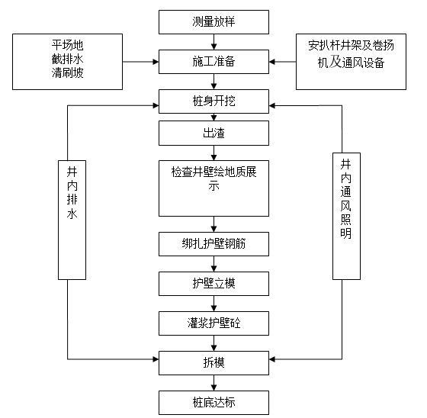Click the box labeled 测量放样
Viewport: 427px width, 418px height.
coord(213,21)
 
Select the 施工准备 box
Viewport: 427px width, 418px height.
coord(213,59)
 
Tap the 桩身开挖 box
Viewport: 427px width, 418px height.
coord(213,101)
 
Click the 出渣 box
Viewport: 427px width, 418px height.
coord(213,133)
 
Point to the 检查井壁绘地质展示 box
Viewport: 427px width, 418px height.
coord(213,188)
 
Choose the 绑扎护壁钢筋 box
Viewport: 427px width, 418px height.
coord(213,244)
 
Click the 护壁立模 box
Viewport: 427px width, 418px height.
coord(213,284)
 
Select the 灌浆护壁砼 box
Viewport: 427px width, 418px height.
coord(213,323)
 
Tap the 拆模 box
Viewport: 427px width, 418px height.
coord(213,362)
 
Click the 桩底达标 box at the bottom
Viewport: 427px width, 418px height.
coord(213,401)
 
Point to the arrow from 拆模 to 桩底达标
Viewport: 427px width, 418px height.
coord(213,382)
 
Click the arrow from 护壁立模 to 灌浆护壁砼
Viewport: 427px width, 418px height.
coord(213,304)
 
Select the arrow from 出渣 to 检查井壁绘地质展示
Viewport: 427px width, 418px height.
coord(213,153)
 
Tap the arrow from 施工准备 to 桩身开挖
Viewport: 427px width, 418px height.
coord(213,80)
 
